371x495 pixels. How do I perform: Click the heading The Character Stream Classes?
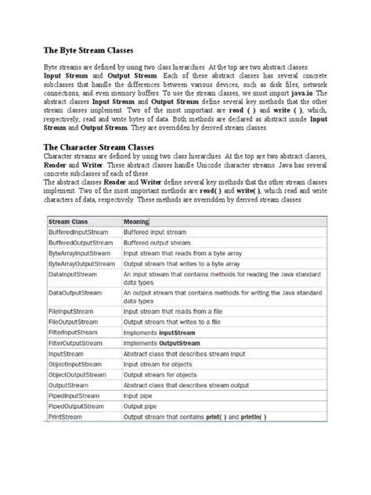(99, 147)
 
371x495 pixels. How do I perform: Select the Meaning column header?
(139, 222)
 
